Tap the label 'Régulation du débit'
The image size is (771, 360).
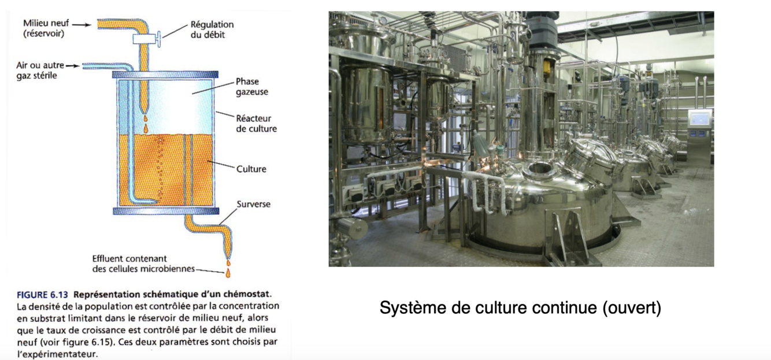[212, 29]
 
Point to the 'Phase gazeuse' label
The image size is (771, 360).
[251, 87]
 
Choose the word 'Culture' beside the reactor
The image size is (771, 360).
[251, 169]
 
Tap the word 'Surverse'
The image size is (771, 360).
[253, 205]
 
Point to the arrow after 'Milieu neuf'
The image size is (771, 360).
[83, 24]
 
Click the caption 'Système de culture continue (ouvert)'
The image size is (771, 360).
[520, 308]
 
